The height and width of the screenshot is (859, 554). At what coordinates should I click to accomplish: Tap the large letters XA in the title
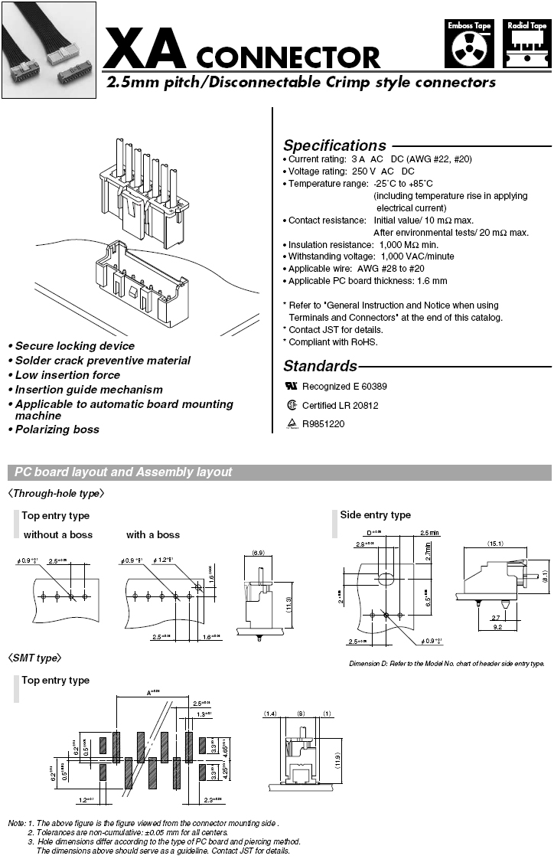[145, 48]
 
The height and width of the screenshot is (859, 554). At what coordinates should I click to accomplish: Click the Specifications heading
[334, 145]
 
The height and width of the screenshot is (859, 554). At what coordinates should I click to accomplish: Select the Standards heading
[320, 366]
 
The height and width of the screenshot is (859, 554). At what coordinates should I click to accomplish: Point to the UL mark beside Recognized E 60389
[291, 387]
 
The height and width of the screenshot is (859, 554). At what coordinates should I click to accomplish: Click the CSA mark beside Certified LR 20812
[291, 405]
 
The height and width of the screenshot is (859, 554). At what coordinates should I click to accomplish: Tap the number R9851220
[324, 423]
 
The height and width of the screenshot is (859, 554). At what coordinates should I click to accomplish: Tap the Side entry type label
[375, 515]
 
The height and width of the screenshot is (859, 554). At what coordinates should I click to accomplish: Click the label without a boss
[58, 534]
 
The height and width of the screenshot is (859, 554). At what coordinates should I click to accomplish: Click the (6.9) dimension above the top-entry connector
[258, 552]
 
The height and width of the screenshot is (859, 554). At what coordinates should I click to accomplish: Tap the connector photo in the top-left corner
[48, 50]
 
